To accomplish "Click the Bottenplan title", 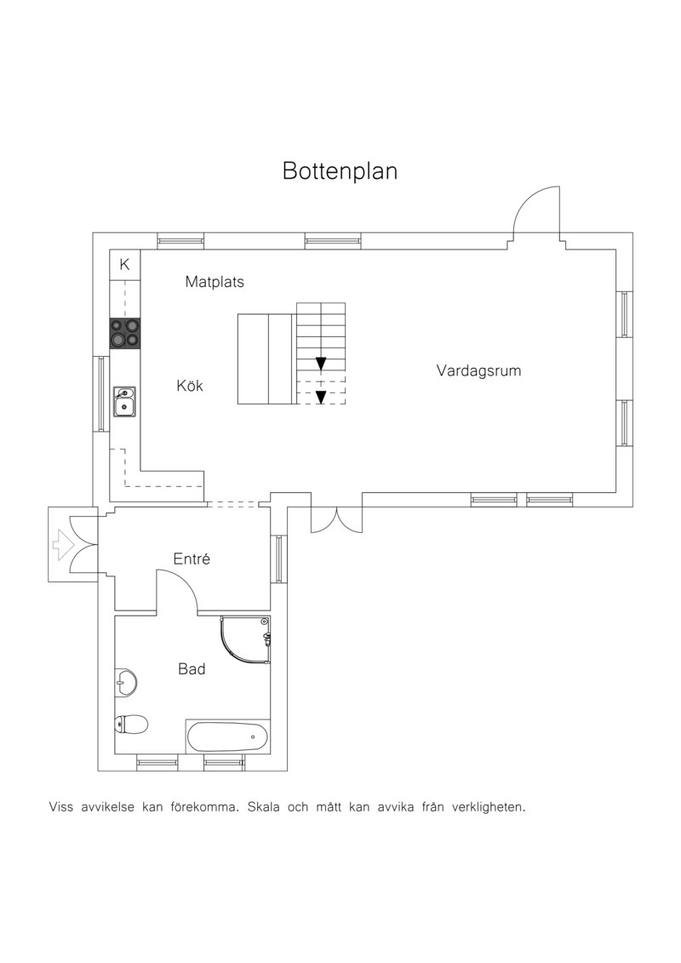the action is point(340,171).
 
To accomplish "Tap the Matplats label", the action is point(215,282).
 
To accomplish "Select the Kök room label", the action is point(190,386).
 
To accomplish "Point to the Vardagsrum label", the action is point(479,371).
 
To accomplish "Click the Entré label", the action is point(192,559).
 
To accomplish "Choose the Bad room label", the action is point(192,668).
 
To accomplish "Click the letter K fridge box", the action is point(124,265).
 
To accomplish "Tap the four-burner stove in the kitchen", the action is point(124,334).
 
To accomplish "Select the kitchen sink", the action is point(124,402).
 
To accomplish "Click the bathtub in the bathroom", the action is point(227,737).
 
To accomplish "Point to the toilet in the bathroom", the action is point(131,724).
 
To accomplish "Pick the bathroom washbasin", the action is point(126,682).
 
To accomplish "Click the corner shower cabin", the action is point(246,640).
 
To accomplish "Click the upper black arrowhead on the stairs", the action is point(321,364).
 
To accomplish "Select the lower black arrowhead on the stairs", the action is point(321,398).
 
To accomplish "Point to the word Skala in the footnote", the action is point(266,807).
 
